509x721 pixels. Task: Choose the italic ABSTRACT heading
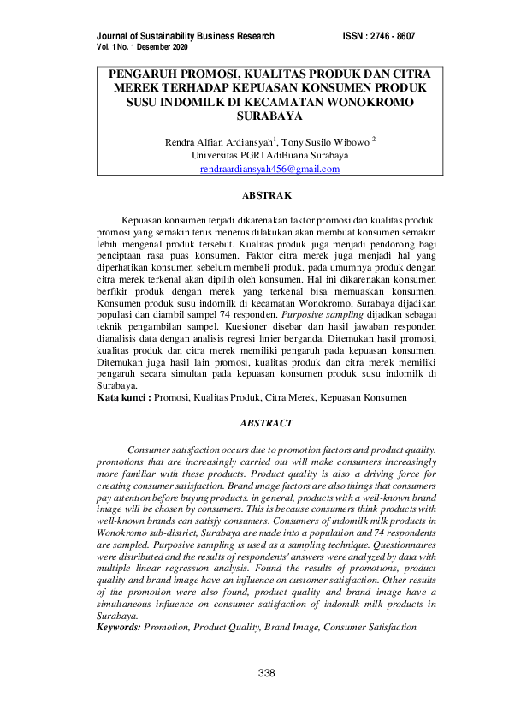267,423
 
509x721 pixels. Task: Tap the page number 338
267,673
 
